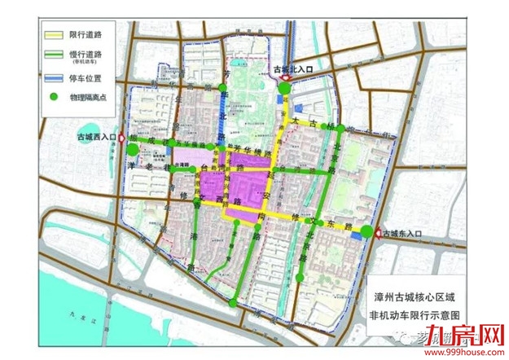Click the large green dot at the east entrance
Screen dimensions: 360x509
[x=367, y=233]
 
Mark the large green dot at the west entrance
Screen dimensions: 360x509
[x=133, y=151]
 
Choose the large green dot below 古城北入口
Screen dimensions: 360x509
[x=284, y=89]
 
